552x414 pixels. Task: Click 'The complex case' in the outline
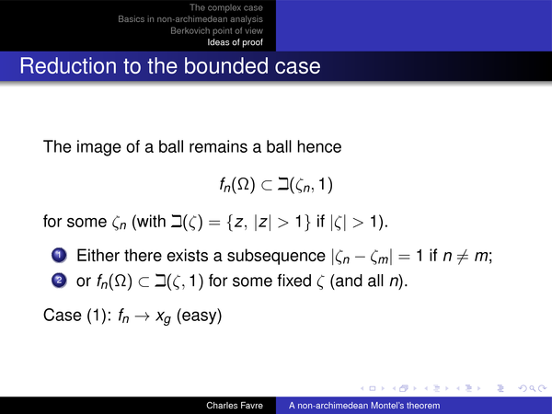[226, 7]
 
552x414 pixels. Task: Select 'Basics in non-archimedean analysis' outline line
[190, 19]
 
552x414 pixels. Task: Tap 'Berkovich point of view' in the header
[216, 30]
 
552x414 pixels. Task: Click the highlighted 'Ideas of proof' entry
[235, 42]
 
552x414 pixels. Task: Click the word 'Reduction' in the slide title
[68, 66]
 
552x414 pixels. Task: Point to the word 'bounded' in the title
[226, 66]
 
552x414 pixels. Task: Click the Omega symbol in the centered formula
[243, 185]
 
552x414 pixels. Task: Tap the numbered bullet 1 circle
[59, 255]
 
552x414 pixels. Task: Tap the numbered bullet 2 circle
[59, 281]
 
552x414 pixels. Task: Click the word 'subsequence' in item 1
[276, 256]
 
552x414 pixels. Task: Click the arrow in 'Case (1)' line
[143, 316]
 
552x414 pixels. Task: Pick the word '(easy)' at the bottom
[199, 316]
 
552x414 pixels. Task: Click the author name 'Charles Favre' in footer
[235, 406]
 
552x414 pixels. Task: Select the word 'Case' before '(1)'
[63, 315]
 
